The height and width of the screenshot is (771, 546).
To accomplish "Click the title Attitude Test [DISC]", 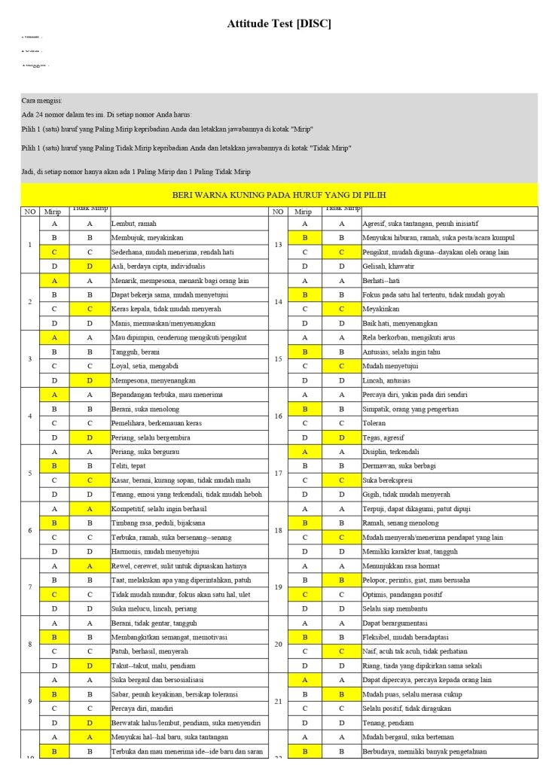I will pyautogui.click(x=279, y=24).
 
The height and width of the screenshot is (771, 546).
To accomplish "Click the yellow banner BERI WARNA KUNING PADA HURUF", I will pyautogui.click(x=279, y=195).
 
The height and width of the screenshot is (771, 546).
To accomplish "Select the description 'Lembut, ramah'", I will pyautogui.click(x=134, y=224).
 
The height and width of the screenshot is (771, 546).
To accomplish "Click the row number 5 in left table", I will pyautogui.click(x=29, y=473).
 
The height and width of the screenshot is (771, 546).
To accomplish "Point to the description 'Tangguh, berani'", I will pyautogui.click(x=136, y=352).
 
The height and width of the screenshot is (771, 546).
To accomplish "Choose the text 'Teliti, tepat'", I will pyautogui.click(x=131, y=466).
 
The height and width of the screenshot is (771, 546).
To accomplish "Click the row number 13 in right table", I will pyautogui.click(x=278, y=245).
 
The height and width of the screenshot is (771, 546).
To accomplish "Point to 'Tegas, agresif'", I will pyautogui.click(x=384, y=437).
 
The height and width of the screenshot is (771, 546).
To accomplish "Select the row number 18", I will pyautogui.click(x=278, y=530).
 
